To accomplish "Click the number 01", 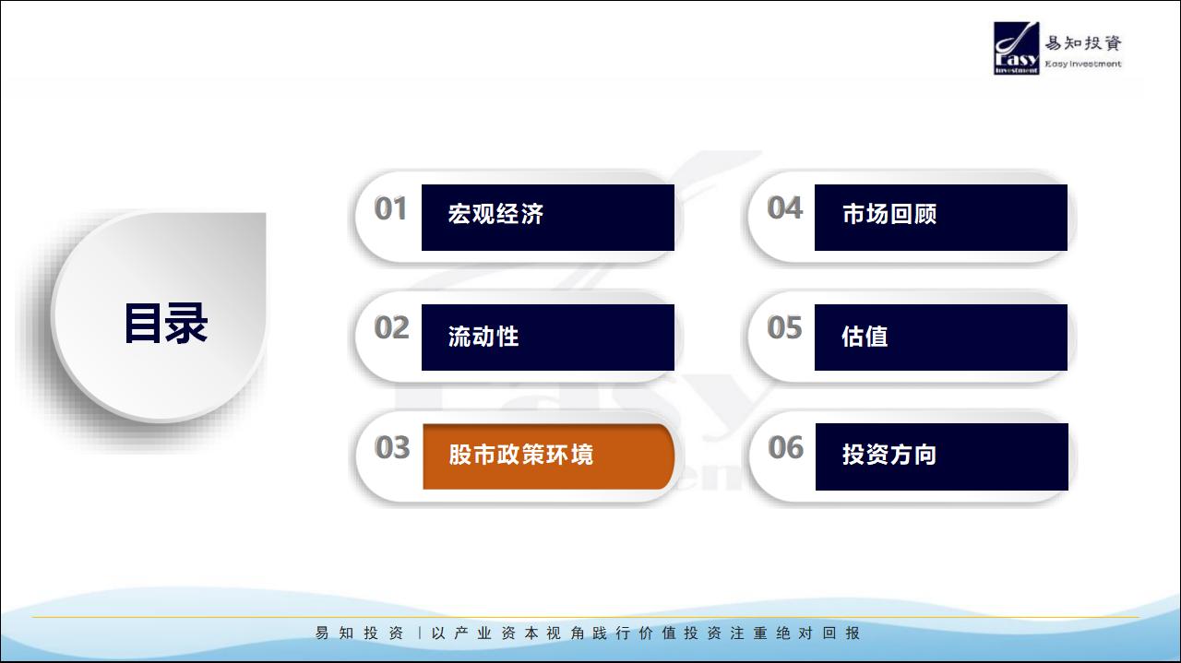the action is coord(390,208).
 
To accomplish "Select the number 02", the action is coord(391,327).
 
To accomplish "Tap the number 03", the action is coord(392,447).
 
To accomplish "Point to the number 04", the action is coord(784,207).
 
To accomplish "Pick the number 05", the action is coord(784,327).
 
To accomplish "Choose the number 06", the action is coord(785,447).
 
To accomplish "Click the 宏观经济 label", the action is coord(495,214).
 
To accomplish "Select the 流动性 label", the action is coord(483,337).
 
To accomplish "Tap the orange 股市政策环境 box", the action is coord(548,456).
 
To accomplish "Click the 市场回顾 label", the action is coord(889,214).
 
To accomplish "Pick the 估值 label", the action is coord(865,337).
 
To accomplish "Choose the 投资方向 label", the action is coord(889,455).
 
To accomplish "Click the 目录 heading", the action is coord(166,324).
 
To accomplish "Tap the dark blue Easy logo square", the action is coord(1017,48).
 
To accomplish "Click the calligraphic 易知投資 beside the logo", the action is coord(1083,42).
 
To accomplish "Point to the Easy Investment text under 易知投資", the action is coord(1083,64).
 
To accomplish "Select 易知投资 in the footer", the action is coord(359,633).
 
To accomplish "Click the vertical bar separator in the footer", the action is coord(420,633).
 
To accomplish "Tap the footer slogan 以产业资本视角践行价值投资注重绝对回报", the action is coord(646,633).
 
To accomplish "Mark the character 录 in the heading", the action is coord(186,324).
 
